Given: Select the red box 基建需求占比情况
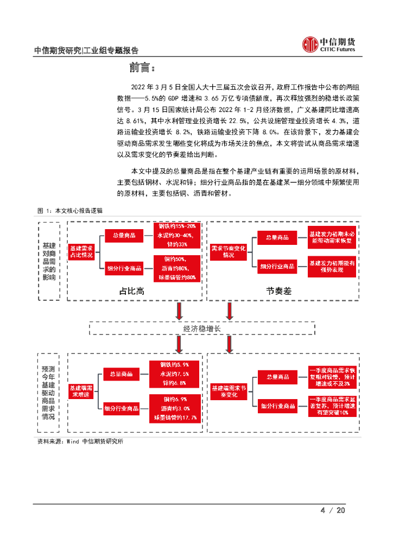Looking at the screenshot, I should point(81,251).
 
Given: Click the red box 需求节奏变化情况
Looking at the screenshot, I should point(229,251).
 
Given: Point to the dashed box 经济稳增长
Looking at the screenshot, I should point(202,328).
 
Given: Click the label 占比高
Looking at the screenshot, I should point(131,291).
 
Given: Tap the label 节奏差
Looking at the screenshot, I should point(279,291).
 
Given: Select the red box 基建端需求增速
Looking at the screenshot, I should point(81,391).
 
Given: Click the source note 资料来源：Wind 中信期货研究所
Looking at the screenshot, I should point(80,441).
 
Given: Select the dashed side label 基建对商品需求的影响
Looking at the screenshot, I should point(48,261).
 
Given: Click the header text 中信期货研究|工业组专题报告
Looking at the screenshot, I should point(86,50).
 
